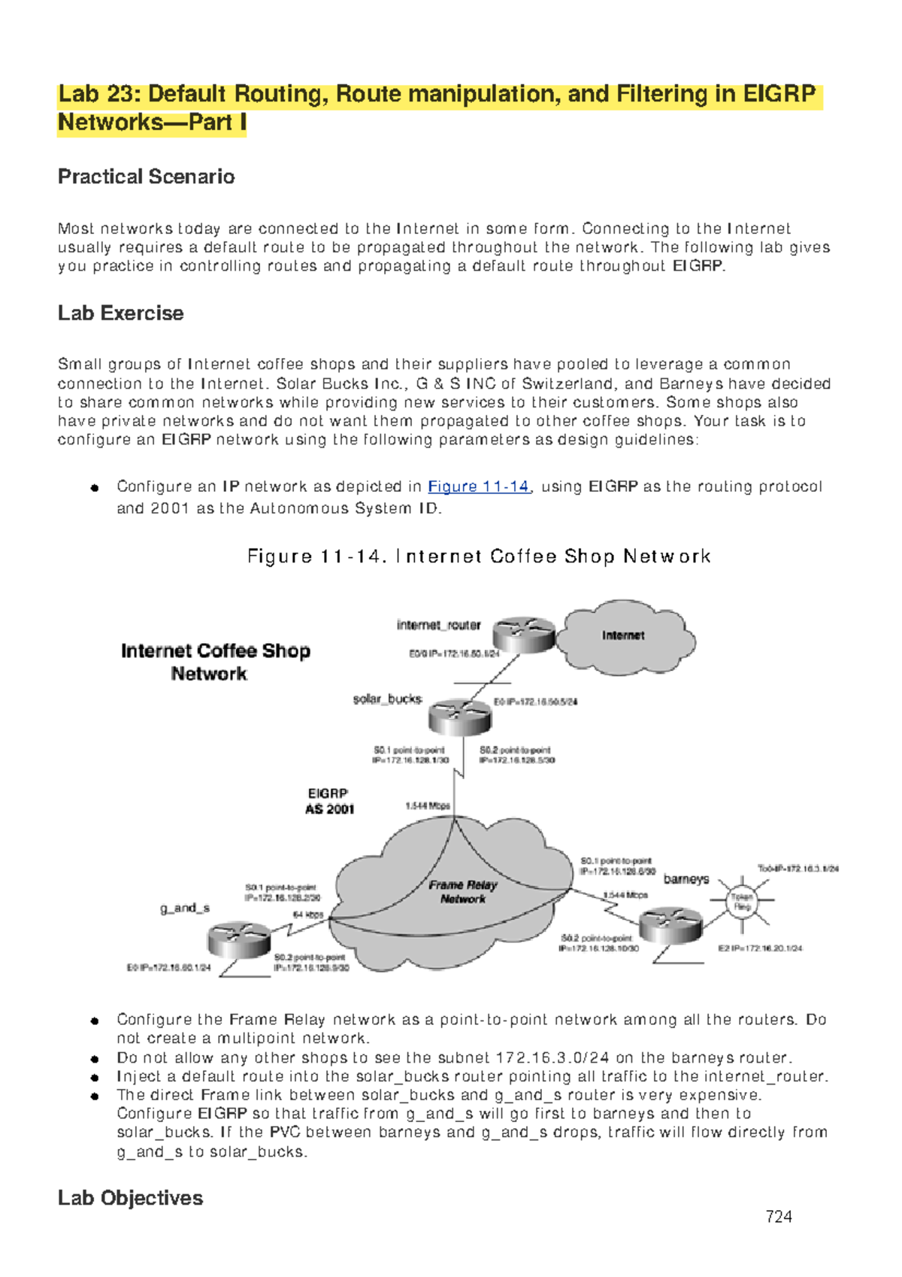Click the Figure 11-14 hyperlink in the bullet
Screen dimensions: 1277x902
[x=478, y=487]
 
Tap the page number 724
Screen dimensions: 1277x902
[x=778, y=1216]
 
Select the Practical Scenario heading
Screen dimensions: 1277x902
[x=146, y=177]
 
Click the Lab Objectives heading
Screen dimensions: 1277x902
[x=130, y=1197]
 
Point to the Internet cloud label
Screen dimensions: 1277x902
[x=623, y=635]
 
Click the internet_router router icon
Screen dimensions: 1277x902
[x=524, y=634]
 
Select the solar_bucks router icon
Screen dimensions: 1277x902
[x=459, y=716]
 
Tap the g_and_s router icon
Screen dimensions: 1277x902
[x=238, y=939]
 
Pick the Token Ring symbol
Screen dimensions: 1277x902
[x=742, y=901]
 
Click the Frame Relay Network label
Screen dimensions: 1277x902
[x=463, y=892]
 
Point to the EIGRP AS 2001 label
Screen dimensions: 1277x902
[x=329, y=802]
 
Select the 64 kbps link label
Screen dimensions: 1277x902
[x=307, y=915]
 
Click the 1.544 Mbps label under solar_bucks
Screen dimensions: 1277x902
[x=427, y=805]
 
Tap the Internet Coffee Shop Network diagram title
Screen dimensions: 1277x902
[x=215, y=662]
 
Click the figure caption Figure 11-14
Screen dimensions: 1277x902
[x=478, y=557]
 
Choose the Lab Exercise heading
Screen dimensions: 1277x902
[x=120, y=313]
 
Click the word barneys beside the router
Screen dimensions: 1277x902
[x=686, y=878]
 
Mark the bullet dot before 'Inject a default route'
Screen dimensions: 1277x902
[x=95, y=1077]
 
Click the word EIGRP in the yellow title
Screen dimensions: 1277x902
[x=779, y=94]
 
